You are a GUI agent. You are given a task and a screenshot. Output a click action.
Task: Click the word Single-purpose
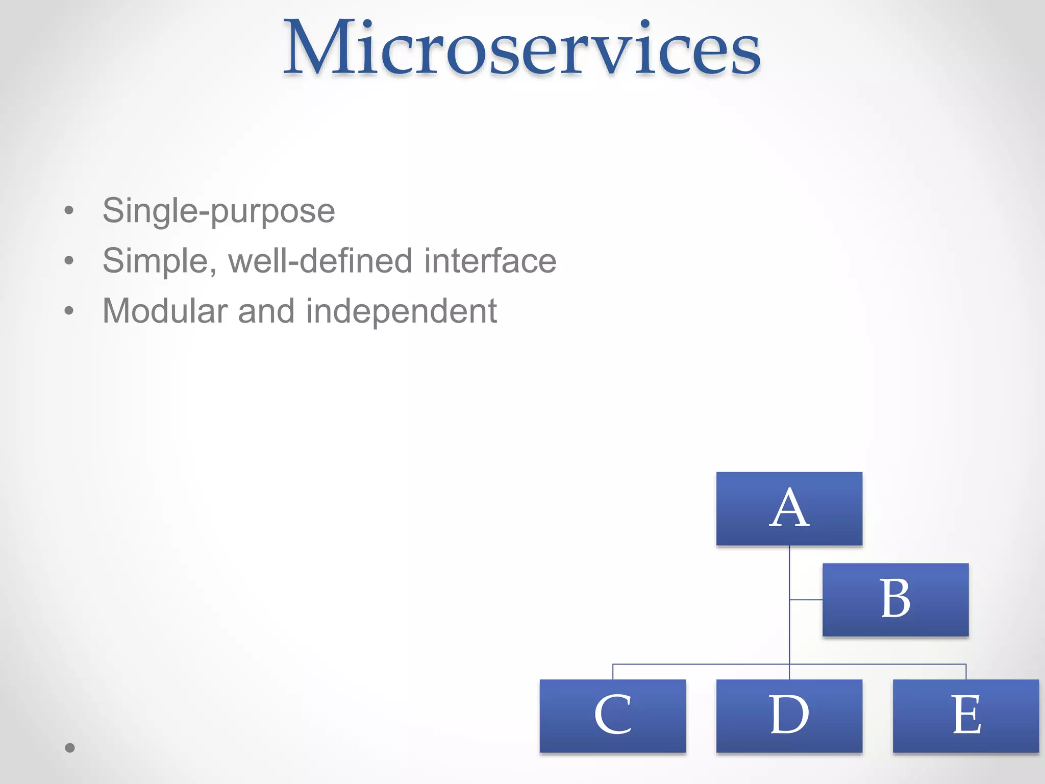pos(218,211)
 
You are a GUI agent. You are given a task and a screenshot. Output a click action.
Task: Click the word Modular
pos(165,311)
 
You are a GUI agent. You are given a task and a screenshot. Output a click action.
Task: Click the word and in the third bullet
pos(266,311)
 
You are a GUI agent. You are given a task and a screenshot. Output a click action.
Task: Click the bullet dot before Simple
pos(69,261)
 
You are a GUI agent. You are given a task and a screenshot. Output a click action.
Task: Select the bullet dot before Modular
pos(69,311)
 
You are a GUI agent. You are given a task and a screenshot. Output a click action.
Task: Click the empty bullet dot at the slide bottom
pos(70,748)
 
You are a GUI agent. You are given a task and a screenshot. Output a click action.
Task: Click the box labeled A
pos(789,509)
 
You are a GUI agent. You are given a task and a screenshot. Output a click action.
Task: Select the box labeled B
pos(895,600)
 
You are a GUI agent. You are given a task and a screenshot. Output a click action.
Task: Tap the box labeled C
pos(612,716)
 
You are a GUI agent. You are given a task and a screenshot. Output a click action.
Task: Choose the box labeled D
pos(789,716)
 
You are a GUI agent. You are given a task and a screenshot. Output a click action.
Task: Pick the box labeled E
pos(965,716)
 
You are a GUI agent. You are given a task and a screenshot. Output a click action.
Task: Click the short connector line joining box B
pos(806,599)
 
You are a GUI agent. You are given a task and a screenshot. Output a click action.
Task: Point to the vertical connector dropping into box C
pos(613,672)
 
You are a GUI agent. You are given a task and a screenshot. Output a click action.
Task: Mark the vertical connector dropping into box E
pos(966,672)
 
